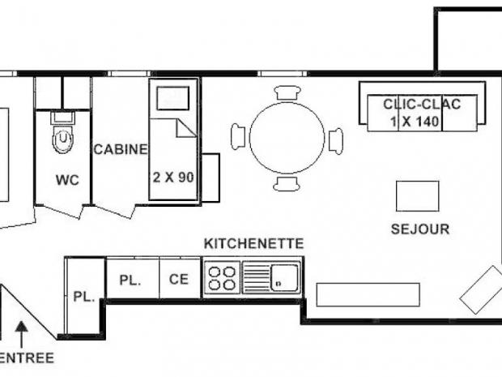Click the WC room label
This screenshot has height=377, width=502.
[68, 180]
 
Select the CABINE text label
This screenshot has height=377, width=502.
[121, 149]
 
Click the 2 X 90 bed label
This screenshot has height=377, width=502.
[173, 176]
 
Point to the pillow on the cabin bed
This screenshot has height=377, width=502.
[172, 98]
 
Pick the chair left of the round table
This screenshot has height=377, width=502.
[239, 137]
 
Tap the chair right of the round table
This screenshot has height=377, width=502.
[335, 139]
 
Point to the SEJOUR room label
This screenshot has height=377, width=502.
[419, 229]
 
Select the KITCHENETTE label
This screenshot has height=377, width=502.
[253, 243]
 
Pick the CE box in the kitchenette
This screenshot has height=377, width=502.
[179, 279]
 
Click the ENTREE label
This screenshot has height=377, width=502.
[27, 358]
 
